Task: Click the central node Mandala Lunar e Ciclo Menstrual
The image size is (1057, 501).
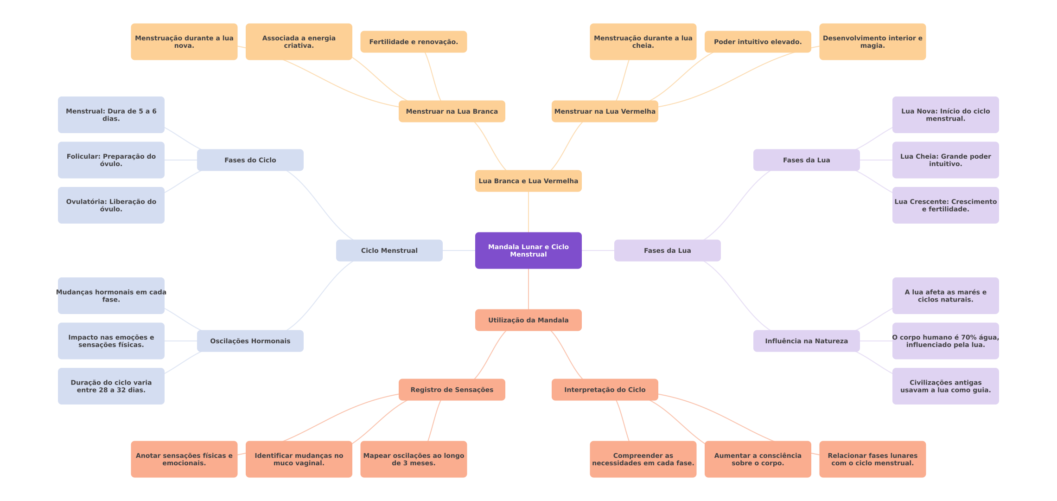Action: [x=528, y=250]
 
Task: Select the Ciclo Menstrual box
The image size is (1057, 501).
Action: [x=389, y=250]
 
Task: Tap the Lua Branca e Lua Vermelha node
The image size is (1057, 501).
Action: [x=528, y=181]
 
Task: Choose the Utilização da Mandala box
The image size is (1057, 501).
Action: [x=528, y=320]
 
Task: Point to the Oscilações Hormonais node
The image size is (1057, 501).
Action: [x=250, y=341]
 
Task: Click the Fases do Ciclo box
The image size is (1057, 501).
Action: [x=250, y=160]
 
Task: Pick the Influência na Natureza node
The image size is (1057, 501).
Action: [x=806, y=341]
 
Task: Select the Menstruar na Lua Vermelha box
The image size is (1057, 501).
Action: [x=605, y=111]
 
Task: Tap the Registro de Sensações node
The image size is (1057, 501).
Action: [x=452, y=390]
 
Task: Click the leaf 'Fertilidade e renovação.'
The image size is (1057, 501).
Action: [x=414, y=42]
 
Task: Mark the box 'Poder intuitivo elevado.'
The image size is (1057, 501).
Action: [x=758, y=42]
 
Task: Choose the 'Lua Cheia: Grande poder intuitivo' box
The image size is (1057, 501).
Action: [x=945, y=160]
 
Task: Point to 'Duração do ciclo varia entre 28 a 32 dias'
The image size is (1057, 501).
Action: [x=111, y=386]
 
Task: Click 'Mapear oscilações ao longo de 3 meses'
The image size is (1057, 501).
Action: [x=414, y=459]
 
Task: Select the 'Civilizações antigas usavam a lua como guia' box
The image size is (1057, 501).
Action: [x=945, y=386]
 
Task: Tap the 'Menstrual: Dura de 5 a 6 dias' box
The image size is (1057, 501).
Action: [x=111, y=115]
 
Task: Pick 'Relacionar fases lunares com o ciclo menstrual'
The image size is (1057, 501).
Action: [x=872, y=459]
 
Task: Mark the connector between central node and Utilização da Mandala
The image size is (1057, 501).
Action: [x=528, y=289]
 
